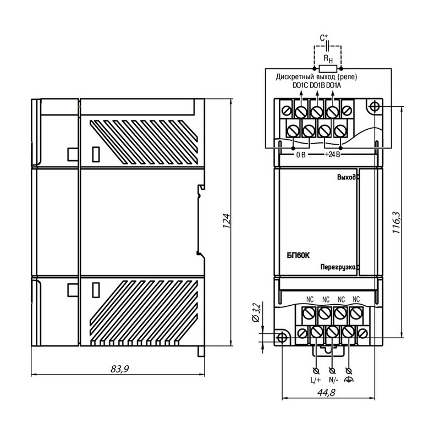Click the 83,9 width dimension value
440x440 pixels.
pyautogui.click(x=119, y=369)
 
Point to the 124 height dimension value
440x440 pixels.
pyautogui.click(x=227, y=221)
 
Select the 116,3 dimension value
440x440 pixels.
pyautogui.click(x=397, y=222)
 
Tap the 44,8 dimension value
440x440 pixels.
pyautogui.click(x=326, y=392)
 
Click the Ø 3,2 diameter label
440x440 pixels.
pyautogui.click(x=256, y=312)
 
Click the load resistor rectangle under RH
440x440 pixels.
pyautogui.click(x=328, y=68)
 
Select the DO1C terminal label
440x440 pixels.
pyautogui.click(x=300, y=85)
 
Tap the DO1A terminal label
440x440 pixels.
pyautogui.click(x=334, y=85)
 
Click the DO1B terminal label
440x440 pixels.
pyautogui.click(x=317, y=85)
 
